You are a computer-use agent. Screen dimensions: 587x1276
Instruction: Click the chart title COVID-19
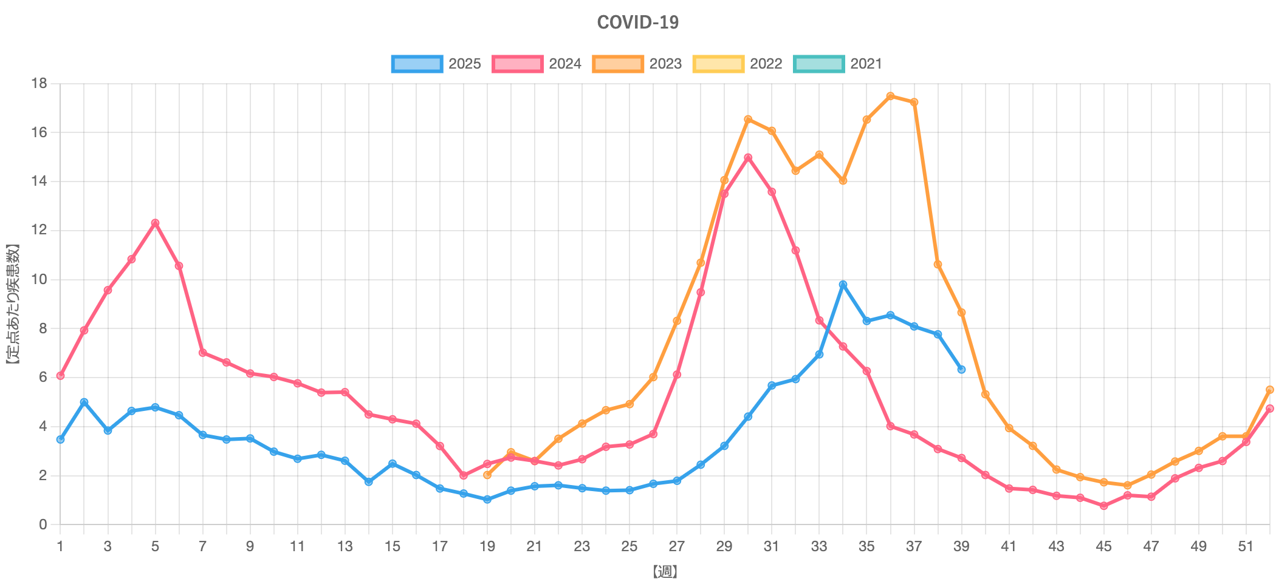click(637, 22)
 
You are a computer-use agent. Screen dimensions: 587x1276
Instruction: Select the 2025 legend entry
click(436, 64)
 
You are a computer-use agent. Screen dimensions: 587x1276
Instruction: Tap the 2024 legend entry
click(537, 64)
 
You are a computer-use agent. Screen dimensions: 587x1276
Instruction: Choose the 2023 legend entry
click(637, 64)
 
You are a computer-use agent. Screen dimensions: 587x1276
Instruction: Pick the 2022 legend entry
click(738, 64)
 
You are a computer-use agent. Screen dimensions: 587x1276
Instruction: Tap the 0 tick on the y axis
click(43, 524)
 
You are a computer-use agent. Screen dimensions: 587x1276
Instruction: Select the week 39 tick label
click(961, 546)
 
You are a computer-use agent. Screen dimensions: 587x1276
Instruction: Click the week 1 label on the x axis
click(60, 546)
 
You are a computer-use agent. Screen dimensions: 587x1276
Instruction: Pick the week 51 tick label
click(1246, 546)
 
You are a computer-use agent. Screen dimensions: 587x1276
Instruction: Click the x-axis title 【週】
click(665, 572)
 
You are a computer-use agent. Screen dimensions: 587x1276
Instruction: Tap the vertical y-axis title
click(13, 304)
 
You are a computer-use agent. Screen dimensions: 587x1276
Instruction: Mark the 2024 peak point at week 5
click(155, 223)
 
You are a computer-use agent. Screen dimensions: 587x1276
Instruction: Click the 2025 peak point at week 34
click(843, 284)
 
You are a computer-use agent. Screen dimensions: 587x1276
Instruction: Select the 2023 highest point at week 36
click(890, 96)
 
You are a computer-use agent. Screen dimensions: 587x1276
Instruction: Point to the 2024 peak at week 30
click(748, 157)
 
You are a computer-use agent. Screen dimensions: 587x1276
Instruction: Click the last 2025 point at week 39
click(961, 369)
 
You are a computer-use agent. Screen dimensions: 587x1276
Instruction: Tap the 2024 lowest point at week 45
click(1103, 506)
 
